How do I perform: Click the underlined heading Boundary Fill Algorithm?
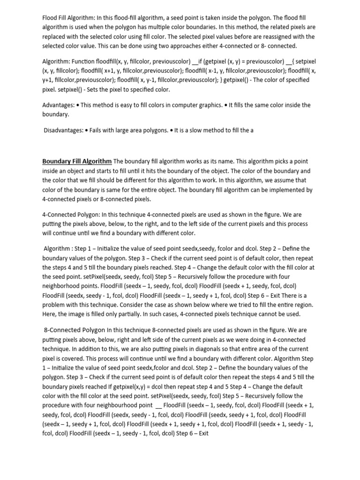pyautogui.click(x=77, y=161)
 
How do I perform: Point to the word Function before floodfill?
pyautogui.click(x=91, y=61)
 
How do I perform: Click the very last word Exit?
pyautogui.click(x=203, y=434)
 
